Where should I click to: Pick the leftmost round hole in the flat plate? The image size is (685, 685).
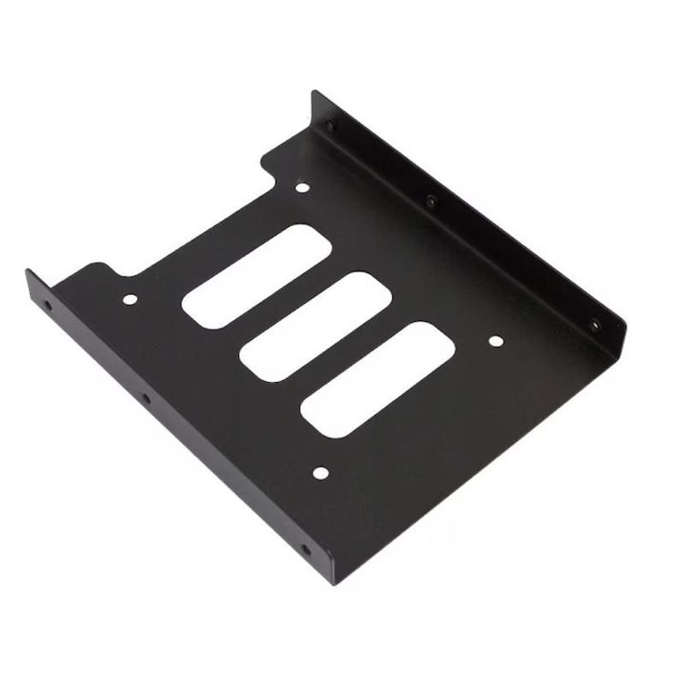click(x=129, y=301)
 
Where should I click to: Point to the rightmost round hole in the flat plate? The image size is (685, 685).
click(x=495, y=342)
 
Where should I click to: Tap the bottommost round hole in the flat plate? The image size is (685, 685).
click(x=320, y=471)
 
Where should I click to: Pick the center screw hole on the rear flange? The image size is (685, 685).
click(x=432, y=202)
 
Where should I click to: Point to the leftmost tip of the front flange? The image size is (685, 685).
click(x=27, y=272)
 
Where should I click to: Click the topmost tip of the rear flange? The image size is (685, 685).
click(x=313, y=90)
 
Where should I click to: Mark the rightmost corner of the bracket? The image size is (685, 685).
click(x=628, y=319)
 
